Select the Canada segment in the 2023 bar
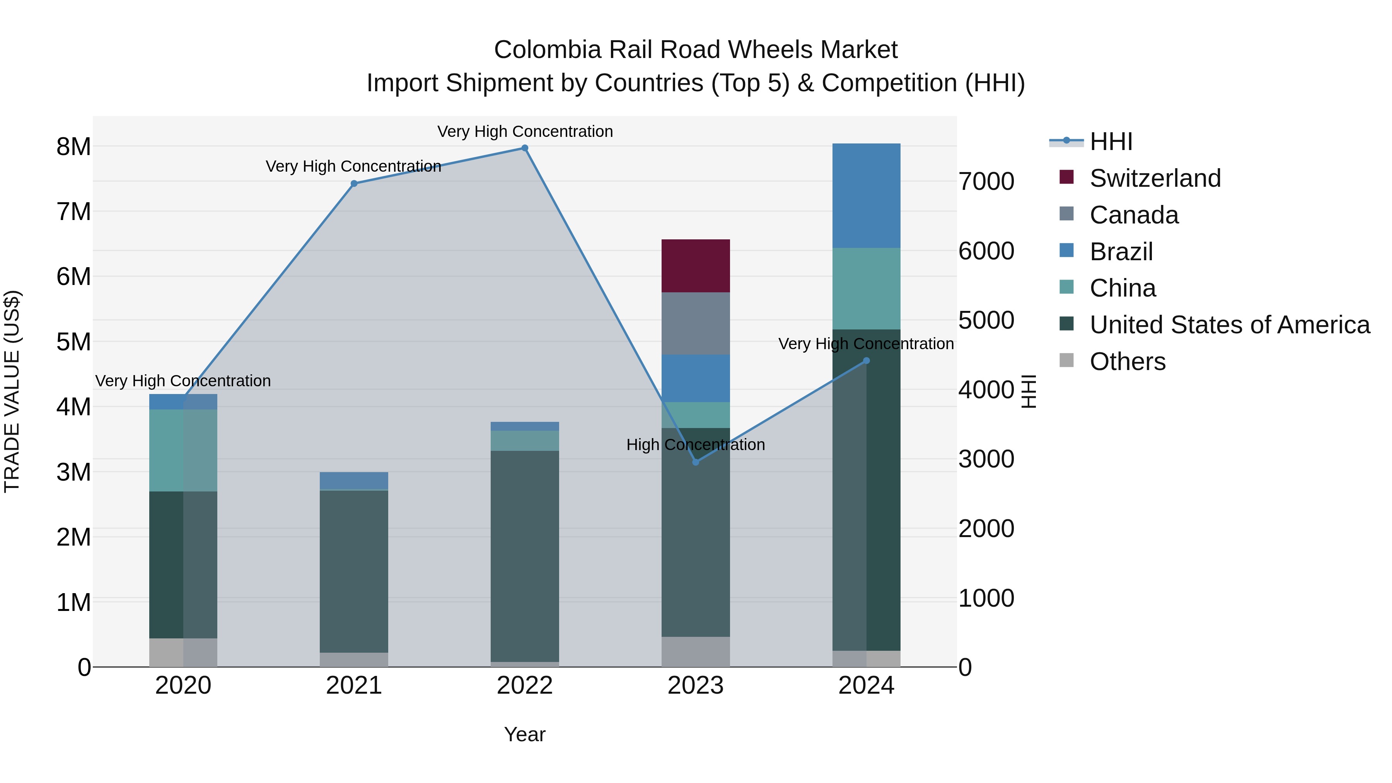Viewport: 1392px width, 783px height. [696, 323]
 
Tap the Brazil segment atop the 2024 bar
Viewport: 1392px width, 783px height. [866, 196]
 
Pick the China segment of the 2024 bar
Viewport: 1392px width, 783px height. [866, 288]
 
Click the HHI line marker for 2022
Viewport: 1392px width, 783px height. [525, 148]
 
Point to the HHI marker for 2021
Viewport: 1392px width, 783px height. [354, 184]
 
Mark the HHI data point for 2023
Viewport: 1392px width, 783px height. [696, 462]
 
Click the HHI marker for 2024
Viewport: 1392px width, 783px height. [866, 360]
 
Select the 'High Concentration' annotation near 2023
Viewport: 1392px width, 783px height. [696, 445]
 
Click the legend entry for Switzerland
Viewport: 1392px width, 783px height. [1155, 178]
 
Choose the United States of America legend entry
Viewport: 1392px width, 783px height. [1229, 325]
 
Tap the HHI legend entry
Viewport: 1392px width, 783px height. [1111, 142]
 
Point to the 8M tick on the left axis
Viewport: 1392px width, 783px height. [73, 147]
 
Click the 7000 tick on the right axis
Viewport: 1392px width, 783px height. [986, 182]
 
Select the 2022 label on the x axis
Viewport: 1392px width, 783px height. [525, 686]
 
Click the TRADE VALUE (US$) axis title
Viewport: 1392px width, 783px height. [12, 391]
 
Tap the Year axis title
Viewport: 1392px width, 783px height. [525, 734]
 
